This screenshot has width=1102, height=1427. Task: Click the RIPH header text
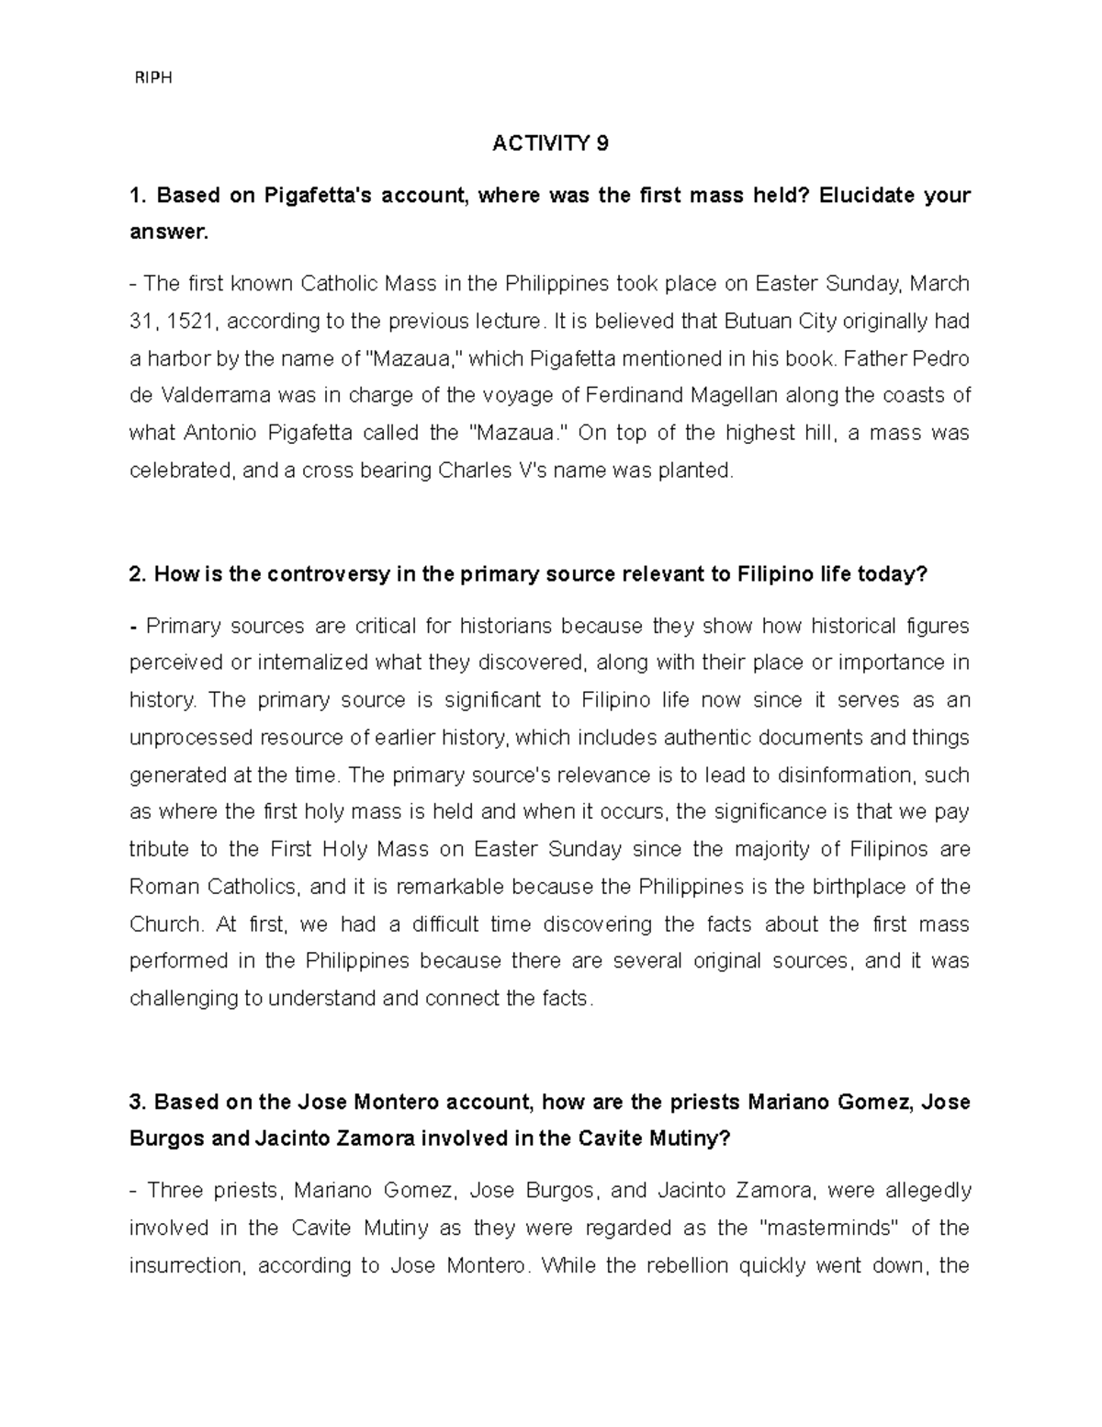click(x=153, y=78)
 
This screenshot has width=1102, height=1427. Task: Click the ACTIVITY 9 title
click(x=550, y=143)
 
